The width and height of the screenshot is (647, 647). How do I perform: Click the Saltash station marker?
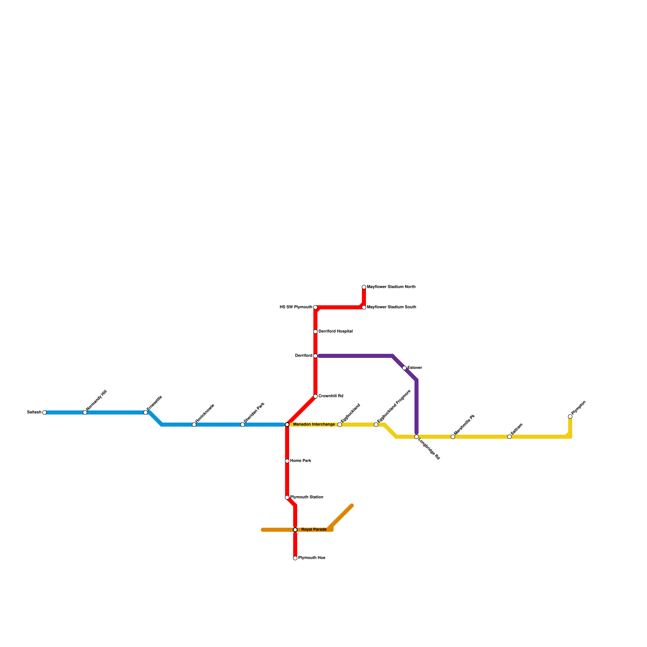[44, 412]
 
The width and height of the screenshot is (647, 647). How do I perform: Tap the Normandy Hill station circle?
[85, 412]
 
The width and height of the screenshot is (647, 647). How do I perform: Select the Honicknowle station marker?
[194, 425]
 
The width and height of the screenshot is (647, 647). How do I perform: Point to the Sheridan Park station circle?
[243, 425]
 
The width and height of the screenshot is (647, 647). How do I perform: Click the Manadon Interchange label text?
[314, 425]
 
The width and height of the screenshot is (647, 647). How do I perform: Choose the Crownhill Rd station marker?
[315, 396]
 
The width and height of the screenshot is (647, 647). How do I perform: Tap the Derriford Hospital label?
[335, 332]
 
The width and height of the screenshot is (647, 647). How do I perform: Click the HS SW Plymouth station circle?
[315, 307]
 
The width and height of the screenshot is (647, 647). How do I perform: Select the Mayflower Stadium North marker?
[364, 287]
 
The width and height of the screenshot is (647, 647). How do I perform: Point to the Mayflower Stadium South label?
[391, 307]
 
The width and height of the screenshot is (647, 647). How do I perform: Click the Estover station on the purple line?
[404, 368]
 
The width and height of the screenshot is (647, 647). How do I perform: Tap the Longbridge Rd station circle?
[417, 437]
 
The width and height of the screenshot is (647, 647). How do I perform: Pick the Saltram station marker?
[510, 437]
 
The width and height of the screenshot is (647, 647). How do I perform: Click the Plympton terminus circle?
[570, 417]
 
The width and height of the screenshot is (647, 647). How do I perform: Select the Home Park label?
[300, 461]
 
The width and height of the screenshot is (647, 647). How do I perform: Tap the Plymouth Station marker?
[287, 497]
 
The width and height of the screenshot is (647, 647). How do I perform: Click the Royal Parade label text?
[314, 530]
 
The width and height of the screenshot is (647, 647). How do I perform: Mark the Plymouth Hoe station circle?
[295, 558]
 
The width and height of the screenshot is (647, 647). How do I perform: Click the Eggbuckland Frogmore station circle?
[376, 425]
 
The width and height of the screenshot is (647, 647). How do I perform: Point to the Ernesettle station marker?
[146, 412]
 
